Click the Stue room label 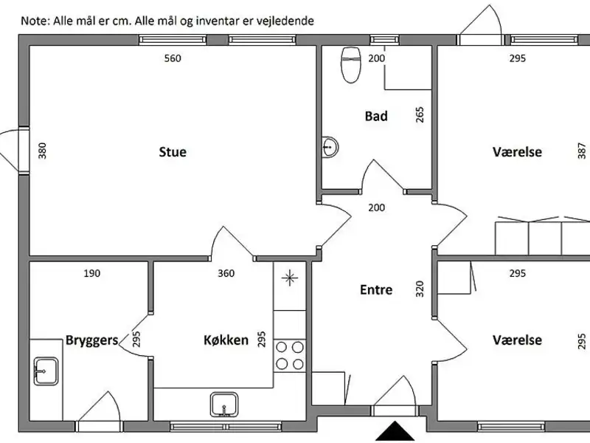(x=173, y=152)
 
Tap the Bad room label (x=376, y=116)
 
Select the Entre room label (x=376, y=289)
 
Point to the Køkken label (x=226, y=340)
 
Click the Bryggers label (x=91, y=340)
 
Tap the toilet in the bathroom (x=351, y=64)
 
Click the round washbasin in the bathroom (x=330, y=147)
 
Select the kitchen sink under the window (x=224, y=405)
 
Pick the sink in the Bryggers (x=46, y=371)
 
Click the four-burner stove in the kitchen (x=290, y=356)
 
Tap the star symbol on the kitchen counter (x=290, y=278)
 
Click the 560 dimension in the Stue (x=173, y=58)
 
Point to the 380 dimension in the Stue (x=42, y=151)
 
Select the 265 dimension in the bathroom (x=420, y=115)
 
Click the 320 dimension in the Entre (x=420, y=289)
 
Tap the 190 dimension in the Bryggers (x=91, y=273)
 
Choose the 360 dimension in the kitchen (x=226, y=273)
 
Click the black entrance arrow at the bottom (x=395, y=431)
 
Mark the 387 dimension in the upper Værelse (x=581, y=151)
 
